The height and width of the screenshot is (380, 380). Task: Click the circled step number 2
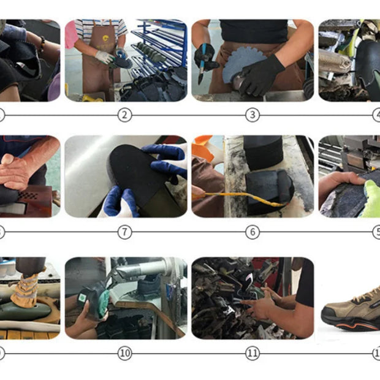point(125,115)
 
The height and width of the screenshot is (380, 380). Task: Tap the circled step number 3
point(253,115)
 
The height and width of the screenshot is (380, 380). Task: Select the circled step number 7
point(125,232)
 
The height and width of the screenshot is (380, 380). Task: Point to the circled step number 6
point(253,232)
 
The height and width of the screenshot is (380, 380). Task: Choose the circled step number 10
point(125,353)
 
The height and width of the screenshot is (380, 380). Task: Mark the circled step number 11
point(253,353)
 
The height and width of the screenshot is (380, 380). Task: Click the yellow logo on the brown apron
point(105,38)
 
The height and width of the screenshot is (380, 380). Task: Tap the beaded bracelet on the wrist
point(42,44)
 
